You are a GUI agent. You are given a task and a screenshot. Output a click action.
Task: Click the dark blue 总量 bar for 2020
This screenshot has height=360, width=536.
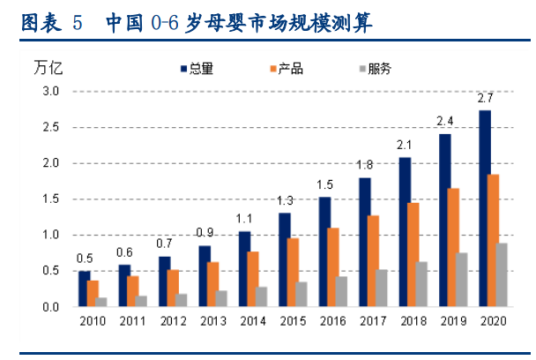pos(485,208)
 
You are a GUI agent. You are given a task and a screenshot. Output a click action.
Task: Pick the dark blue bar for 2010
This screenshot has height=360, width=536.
pos(85,289)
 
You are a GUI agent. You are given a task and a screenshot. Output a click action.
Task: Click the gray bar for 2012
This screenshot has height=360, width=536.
pos(182,300)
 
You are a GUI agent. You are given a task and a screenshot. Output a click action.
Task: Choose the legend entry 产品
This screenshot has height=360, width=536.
pos(285,68)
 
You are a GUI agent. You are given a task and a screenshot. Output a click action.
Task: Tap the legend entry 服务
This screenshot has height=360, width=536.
pos(373,68)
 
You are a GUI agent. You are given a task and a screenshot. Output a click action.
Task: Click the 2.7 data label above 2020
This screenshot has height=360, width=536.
pos(485,98)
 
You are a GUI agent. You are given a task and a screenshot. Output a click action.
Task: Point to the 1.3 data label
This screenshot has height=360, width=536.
pos(285,199)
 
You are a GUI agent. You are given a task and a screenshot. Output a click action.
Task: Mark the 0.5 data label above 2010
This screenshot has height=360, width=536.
pos(85,258)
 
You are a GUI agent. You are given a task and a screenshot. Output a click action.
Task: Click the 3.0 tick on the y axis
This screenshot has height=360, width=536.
pos(50,91)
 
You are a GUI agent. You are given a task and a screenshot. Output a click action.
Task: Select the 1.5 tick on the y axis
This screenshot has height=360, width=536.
pos(50,199)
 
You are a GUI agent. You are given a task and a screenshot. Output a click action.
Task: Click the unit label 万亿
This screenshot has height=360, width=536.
pos(48,68)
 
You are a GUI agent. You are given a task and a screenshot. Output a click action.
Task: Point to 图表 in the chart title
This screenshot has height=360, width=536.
pos(40,22)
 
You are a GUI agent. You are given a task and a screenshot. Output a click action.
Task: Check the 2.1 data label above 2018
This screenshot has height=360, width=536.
pos(405,145)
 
